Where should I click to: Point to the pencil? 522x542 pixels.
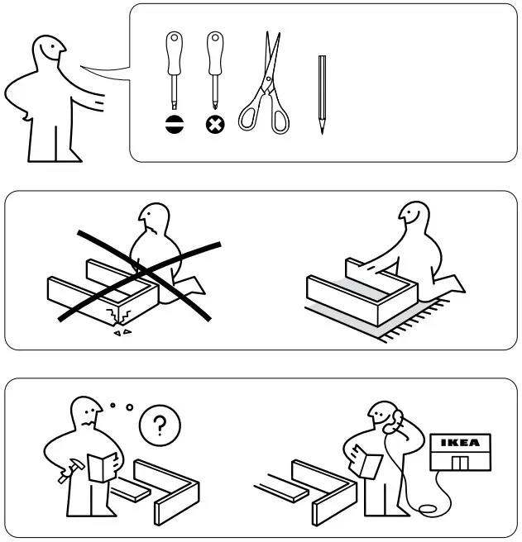coord(321,93)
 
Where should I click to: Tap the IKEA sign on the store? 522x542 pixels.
coord(460,443)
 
